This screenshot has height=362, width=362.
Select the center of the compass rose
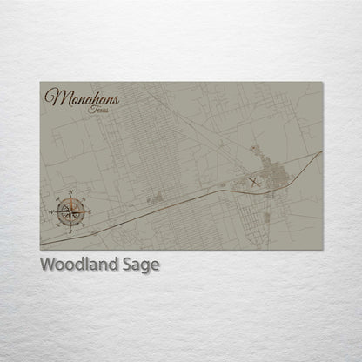pos(72,210)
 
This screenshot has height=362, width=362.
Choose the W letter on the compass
pos(51,211)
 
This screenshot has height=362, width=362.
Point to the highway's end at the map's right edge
pos(321,152)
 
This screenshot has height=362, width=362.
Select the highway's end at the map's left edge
pos(41,238)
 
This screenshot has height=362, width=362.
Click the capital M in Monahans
pos(54,97)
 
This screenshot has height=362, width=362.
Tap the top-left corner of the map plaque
pos(40,83)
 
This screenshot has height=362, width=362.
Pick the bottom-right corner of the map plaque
pos(322,250)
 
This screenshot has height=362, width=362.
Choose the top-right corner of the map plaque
pos(322,83)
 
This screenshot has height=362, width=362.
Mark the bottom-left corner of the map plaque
pos(40,250)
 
